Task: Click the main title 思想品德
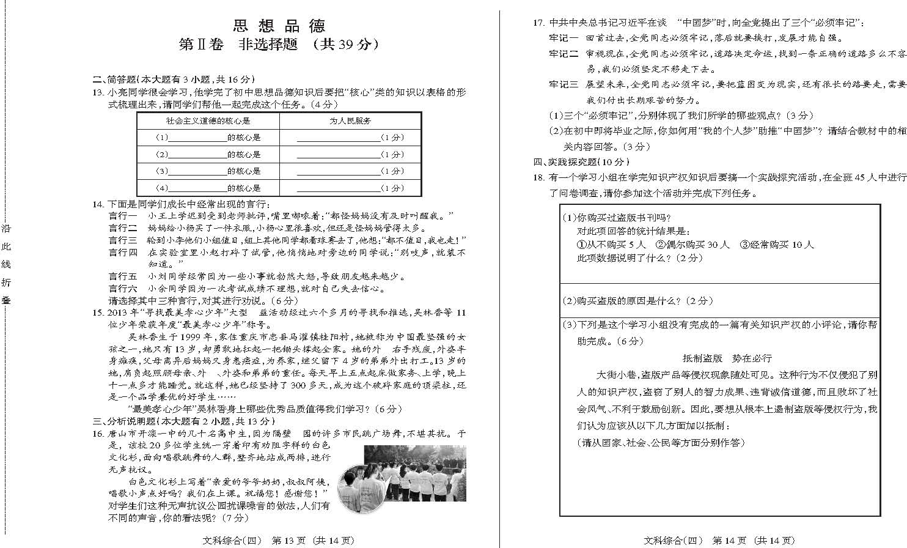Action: (279, 26)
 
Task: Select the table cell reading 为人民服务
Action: (350, 121)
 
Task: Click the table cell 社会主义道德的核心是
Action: (208, 121)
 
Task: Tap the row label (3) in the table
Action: (161, 171)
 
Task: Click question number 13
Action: (97, 92)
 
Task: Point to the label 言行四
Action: (123, 252)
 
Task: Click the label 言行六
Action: (123, 289)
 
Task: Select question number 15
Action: (97, 313)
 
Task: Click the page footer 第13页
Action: (287, 541)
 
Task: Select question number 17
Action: (538, 23)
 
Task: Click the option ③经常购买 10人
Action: (777, 245)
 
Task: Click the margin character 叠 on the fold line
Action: (6, 300)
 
